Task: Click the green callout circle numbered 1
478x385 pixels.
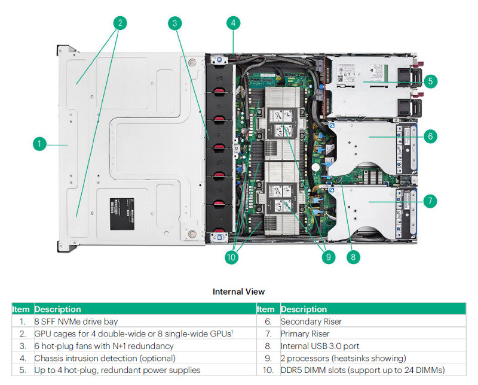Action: point(39,144)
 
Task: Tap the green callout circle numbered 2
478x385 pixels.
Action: point(120,23)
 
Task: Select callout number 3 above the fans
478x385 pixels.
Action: point(174,23)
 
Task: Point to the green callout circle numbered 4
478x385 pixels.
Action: point(234,23)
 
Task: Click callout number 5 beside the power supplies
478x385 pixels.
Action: point(430,81)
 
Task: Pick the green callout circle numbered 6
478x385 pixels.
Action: point(430,136)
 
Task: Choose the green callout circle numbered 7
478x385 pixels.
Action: point(430,201)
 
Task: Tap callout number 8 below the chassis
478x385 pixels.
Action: point(353,257)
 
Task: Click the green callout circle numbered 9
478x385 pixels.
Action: point(327,257)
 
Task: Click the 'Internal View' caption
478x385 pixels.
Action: point(238,292)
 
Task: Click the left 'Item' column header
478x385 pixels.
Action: point(21,310)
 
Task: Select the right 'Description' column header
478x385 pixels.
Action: point(304,310)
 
